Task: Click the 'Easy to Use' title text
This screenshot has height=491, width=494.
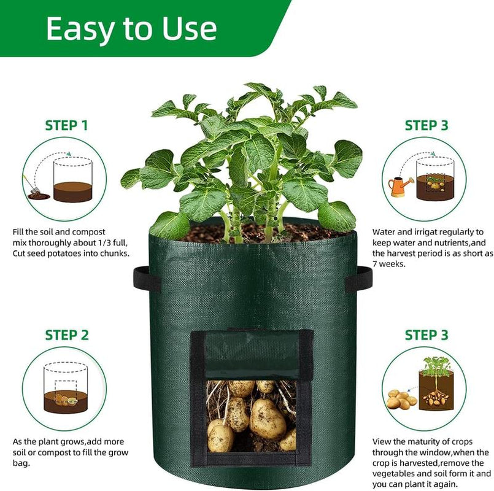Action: [x=131, y=29]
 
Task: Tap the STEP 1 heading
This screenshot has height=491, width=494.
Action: [x=66, y=126]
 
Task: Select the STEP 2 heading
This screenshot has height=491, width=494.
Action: [x=66, y=335]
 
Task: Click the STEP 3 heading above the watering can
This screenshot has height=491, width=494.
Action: [x=426, y=126]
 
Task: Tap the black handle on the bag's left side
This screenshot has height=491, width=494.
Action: [x=147, y=279]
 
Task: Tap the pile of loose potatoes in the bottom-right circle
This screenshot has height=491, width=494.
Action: [x=401, y=399]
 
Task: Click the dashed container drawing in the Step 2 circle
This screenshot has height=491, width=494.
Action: [x=64, y=387]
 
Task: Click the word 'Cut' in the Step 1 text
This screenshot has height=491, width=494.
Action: [x=20, y=253]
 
